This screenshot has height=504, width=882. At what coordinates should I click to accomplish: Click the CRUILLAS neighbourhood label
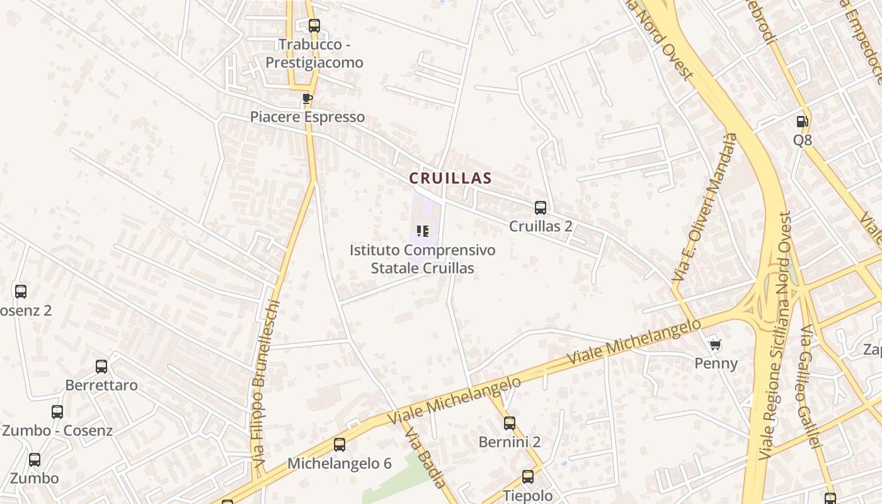pyautogui.click(x=450, y=178)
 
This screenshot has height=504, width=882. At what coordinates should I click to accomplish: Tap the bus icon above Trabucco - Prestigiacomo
pyautogui.click(x=314, y=26)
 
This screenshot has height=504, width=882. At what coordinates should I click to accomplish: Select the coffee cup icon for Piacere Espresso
pyautogui.click(x=307, y=99)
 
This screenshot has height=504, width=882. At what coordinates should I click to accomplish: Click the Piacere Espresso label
pyautogui.click(x=307, y=117)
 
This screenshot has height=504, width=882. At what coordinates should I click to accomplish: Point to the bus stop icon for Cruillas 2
pyautogui.click(x=540, y=208)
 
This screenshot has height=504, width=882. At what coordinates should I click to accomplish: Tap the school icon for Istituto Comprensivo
pyautogui.click(x=422, y=231)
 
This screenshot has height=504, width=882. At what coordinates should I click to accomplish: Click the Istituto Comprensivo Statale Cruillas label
pyautogui.click(x=422, y=259)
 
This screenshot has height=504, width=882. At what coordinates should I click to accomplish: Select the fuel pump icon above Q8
pyautogui.click(x=802, y=122)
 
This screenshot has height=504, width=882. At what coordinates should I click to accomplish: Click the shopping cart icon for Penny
pyautogui.click(x=715, y=345)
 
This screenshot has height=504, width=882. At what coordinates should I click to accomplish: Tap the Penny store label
pyautogui.click(x=716, y=364)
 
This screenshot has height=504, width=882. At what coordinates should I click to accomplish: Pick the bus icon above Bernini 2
pyautogui.click(x=509, y=423)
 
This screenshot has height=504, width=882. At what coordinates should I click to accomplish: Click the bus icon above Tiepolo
pyautogui.click(x=527, y=477)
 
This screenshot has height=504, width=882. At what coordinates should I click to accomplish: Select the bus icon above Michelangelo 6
pyautogui.click(x=339, y=445)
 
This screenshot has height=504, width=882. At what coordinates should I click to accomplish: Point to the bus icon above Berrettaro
pyautogui.click(x=101, y=367)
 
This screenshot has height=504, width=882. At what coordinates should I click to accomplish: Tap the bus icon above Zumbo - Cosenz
pyautogui.click(x=57, y=412)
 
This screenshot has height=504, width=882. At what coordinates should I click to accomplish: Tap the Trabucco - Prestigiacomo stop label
pyautogui.click(x=314, y=54)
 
